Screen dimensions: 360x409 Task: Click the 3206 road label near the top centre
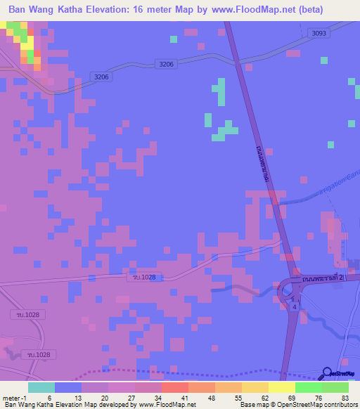tap(167, 64)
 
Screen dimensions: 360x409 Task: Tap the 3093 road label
tap(319, 33)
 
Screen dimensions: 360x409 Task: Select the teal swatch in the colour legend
tap(41, 387)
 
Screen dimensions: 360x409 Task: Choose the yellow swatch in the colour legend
tap(281, 387)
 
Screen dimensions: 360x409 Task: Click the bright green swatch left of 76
tap(308, 387)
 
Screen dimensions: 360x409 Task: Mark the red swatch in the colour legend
tap(174, 387)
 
